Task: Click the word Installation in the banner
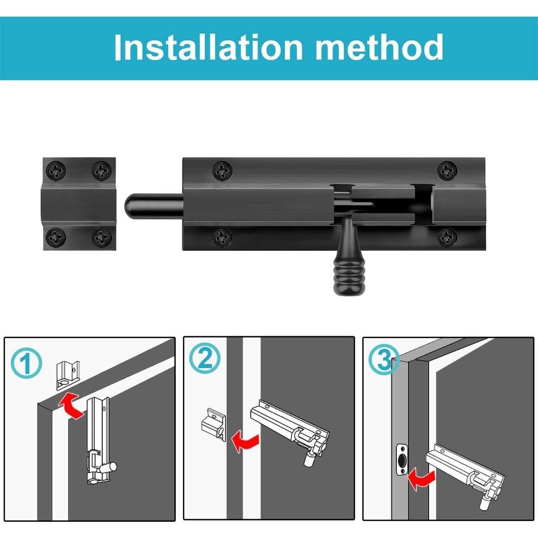[x=208, y=47]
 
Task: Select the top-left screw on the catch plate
[x=56, y=170]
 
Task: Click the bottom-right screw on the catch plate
[x=102, y=237]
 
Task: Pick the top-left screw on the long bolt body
[x=222, y=170]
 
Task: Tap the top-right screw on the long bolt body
[x=447, y=170]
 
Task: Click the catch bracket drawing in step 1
[x=68, y=375]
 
